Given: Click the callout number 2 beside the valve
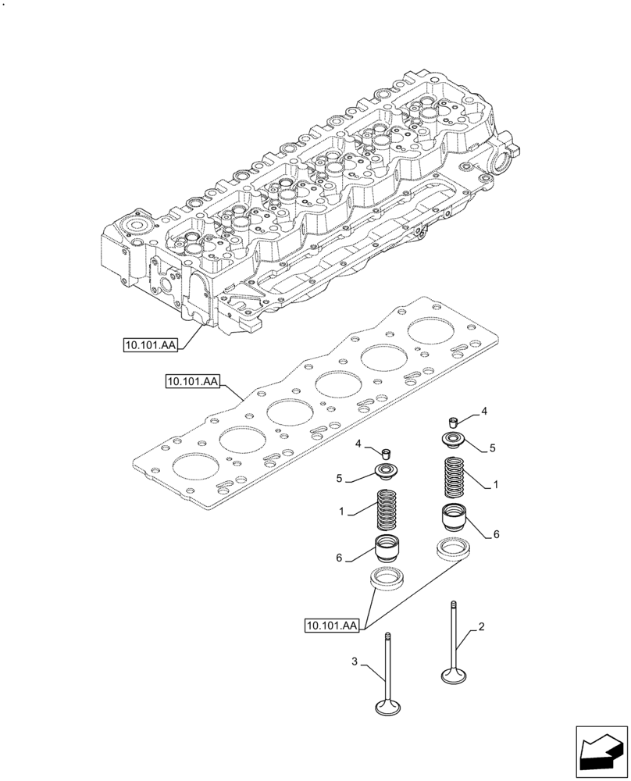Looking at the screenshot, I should click(482, 627).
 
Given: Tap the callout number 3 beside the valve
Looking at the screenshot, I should click(355, 662).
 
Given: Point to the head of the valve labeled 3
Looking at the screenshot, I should click(387, 708).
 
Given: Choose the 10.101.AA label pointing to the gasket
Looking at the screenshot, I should click(191, 382).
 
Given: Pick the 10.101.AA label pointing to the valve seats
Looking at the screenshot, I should click(332, 626).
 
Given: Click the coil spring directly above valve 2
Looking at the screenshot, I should click(454, 477).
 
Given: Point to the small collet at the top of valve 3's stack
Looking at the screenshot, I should click(386, 453).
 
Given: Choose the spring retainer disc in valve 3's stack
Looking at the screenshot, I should click(386, 471).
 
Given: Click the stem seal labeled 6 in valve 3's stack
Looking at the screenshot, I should click(387, 551).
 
